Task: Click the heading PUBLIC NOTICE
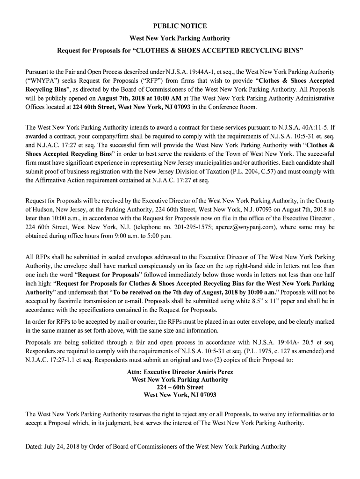(x=180, y=26)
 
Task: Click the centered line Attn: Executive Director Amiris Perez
(x=180, y=372)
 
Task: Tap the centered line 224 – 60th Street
(x=180, y=387)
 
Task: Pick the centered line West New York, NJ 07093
(x=180, y=395)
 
